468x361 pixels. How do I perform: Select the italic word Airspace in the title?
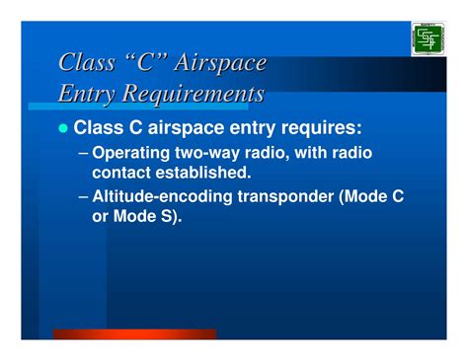tap(220, 63)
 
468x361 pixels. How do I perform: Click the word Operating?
tap(134, 155)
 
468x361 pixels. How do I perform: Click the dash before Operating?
tap(82, 155)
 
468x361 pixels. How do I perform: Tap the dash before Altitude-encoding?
tap(82, 196)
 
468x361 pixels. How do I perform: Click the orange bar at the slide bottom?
tap(133, 334)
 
